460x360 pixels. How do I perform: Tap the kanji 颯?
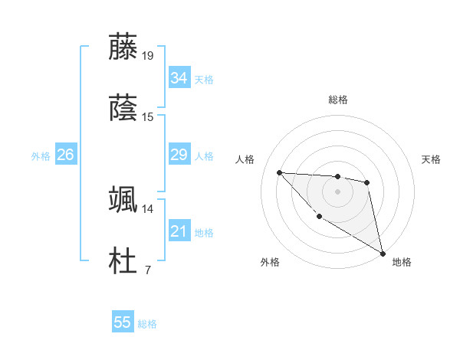pyautogui.click(x=123, y=200)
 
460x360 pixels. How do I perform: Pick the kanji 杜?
pyautogui.click(x=123, y=260)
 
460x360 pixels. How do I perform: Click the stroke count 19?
pyautogui.click(x=148, y=55)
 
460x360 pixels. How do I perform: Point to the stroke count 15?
pyautogui.click(x=148, y=116)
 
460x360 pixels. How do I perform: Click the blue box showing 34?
pyautogui.click(x=179, y=78)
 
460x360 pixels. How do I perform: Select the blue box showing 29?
pyautogui.click(x=179, y=155)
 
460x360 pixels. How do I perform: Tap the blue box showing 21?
pyautogui.click(x=179, y=231)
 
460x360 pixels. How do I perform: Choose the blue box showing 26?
pyautogui.click(x=65, y=155)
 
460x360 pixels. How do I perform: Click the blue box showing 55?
pyautogui.click(x=123, y=322)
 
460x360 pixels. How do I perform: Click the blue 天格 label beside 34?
pyautogui.click(x=204, y=79)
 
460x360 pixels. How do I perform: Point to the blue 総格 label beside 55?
pyautogui.click(x=147, y=323)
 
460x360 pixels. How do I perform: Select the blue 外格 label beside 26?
pyautogui.click(x=41, y=155)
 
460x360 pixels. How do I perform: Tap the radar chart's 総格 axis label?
pyautogui.click(x=338, y=100)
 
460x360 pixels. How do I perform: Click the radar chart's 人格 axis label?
pyautogui.click(x=246, y=159)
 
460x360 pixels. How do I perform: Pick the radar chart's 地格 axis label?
pyautogui.click(x=402, y=262)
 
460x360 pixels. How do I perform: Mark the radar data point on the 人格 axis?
pyautogui.click(x=279, y=172)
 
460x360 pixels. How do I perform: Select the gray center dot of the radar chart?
pyautogui.click(x=337, y=191)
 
